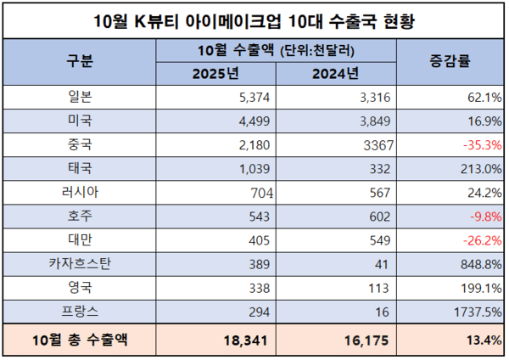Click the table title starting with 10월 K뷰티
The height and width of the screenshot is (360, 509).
(254, 19)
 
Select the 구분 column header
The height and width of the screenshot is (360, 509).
(80, 61)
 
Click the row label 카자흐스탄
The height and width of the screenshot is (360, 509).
(80, 264)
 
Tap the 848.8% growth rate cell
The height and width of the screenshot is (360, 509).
(478, 264)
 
